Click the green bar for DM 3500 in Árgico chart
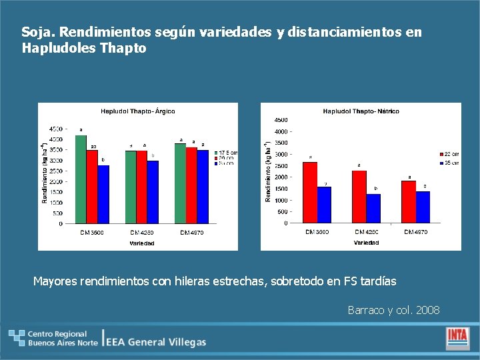pyautogui.click(x=81, y=179)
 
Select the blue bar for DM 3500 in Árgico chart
pyautogui.click(x=103, y=194)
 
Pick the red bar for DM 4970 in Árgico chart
pyautogui.click(x=191, y=185)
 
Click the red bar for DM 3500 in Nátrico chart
pyautogui.click(x=309, y=192)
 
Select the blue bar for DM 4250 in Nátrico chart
pyautogui.click(x=373, y=208)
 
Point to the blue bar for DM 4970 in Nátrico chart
pyautogui.click(x=423, y=207)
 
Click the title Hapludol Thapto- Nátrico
pyautogui.click(x=361, y=111)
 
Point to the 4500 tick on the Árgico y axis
pyautogui.click(x=57, y=129)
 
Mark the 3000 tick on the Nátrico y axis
pyautogui.click(x=281, y=155)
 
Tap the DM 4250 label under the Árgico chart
pyautogui.click(x=141, y=233)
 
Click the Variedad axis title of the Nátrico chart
pyautogui.click(x=366, y=243)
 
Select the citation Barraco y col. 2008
pyautogui.click(x=393, y=310)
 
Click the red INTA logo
pyautogui.click(x=457, y=338)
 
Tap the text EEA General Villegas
pyautogui.click(x=157, y=342)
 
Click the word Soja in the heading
pyautogui.click(x=33, y=32)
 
